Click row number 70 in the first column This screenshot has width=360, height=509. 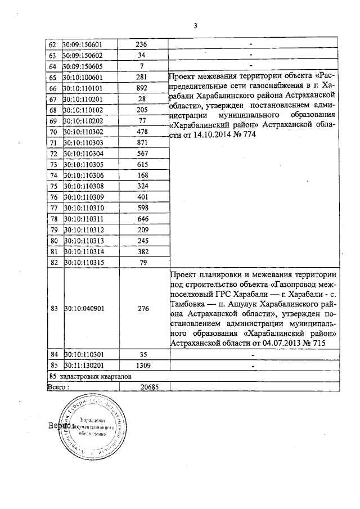[53, 131]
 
